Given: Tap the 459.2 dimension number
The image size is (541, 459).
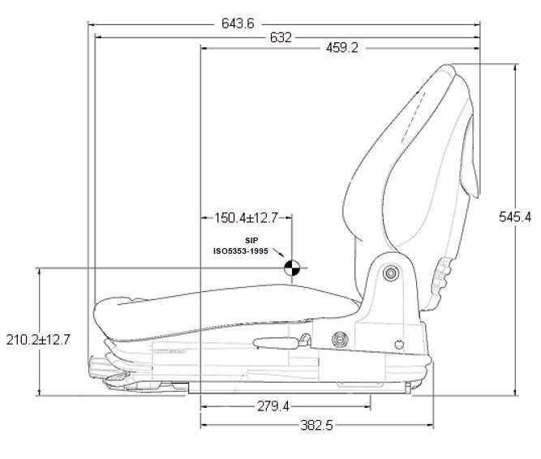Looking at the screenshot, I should point(341,49).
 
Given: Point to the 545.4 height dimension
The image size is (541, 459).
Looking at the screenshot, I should point(516,217).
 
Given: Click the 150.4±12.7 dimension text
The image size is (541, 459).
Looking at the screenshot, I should point(246,217).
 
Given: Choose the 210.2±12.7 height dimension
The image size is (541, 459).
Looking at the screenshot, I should point(38,339).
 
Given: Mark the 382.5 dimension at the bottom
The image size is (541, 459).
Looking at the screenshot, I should point(316,425).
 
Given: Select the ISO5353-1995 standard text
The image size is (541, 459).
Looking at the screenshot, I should point(241,251).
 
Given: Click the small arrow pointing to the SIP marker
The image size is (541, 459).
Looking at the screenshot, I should point(279,254).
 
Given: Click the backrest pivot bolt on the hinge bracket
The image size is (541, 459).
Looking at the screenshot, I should point(391,273).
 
